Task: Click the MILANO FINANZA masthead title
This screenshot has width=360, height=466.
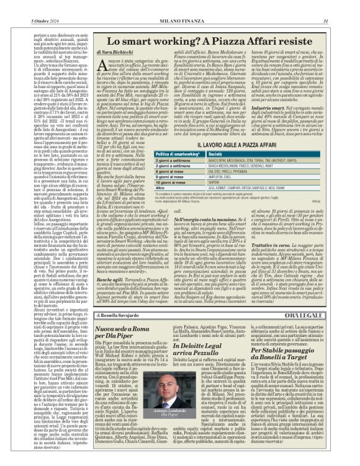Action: tap(180, 6)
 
